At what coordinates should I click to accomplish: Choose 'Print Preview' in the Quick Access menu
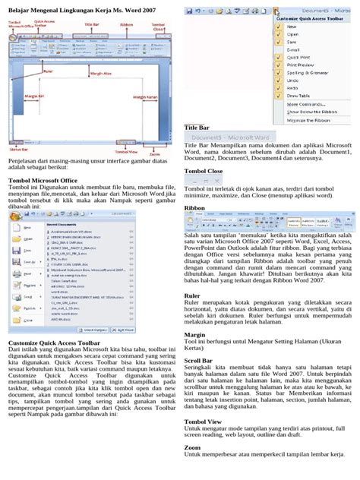[x=301, y=74]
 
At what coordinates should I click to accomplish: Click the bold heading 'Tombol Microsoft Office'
[x=43, y=181]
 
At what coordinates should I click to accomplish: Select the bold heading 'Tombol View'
[x=204, y=421]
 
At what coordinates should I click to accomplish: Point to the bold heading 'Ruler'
[x=193, y=295]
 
